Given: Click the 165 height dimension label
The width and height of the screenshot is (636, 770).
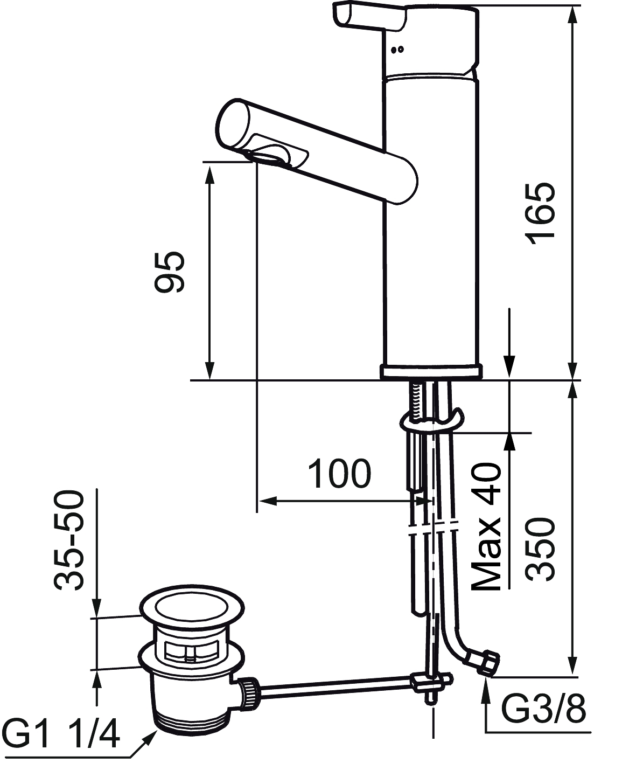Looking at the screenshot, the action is point(541,214).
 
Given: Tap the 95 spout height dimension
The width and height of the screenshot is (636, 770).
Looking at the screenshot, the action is point(169,272).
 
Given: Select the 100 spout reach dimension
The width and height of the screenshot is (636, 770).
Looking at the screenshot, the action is point(339,474).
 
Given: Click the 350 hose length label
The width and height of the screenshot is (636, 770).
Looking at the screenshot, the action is point(541,549).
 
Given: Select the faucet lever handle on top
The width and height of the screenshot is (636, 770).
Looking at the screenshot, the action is point(369,18).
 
